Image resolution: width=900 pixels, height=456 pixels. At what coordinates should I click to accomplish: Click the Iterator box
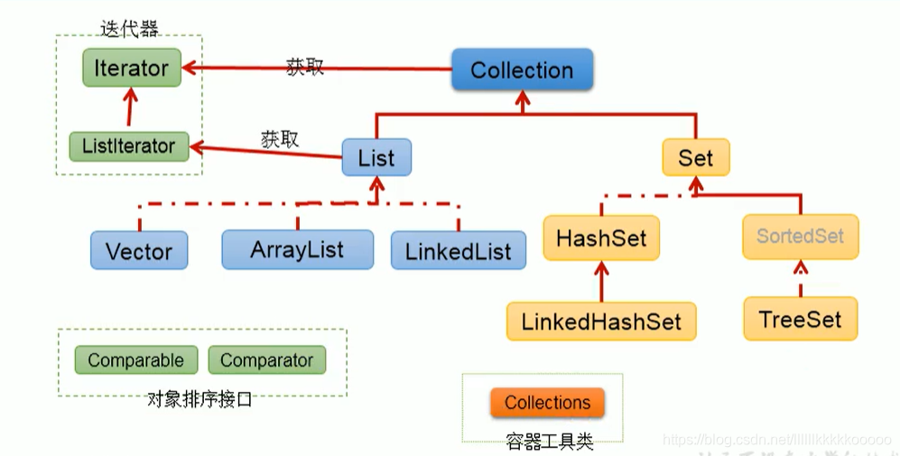click(x=132, y=69)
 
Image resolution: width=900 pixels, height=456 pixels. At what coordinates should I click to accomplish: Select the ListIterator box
click(x=129, y=146)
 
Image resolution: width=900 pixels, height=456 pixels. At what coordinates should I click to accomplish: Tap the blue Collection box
click(x=522, y=70)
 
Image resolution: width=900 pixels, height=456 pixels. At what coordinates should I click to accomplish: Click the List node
click(x=376, y=158)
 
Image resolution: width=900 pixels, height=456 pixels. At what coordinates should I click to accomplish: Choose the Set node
click(x=696, y=158)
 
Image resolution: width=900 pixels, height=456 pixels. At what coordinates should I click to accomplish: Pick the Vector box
click(x=139, y=250)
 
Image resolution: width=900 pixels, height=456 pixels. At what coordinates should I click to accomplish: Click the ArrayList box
click(x=297, y=249)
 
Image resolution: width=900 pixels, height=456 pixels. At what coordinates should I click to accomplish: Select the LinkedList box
click(x=459, y=250)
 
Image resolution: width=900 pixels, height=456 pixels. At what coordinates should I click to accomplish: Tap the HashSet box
click(x=601, y=238)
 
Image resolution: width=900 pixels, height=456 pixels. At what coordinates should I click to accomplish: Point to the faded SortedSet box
click(x=800, y=237)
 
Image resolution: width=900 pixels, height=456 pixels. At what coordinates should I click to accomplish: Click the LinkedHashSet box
click(x=601, y=321)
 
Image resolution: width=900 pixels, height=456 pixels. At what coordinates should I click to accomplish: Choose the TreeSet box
click(x=800, y=320)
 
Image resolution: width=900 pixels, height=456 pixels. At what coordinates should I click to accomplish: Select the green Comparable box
click(x=135, y=360)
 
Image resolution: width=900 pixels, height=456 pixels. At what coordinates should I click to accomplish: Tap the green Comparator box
click(x=266, y=360)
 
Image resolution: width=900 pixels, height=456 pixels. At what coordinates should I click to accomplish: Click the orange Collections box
click(x=547, y=403)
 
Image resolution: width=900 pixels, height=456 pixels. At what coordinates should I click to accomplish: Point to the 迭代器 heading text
click(x=129, y=29)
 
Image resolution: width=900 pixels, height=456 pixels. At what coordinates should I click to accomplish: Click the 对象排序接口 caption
click(x=199, y=399)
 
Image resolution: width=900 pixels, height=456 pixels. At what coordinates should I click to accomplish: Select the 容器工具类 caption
click(x=549, y=442)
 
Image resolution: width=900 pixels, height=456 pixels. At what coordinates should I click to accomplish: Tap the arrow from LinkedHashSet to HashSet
click(x=601, y=280)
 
